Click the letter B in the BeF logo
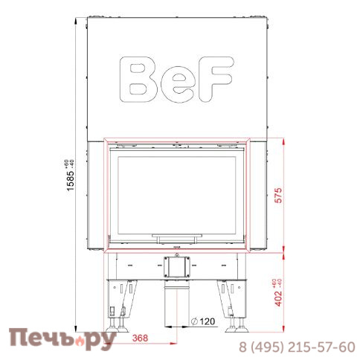click(141, 80)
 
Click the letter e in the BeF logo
click(176, 83)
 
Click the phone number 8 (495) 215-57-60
click(296, 347)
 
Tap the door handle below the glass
click(177, 237)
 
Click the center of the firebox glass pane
click(177, 194)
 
